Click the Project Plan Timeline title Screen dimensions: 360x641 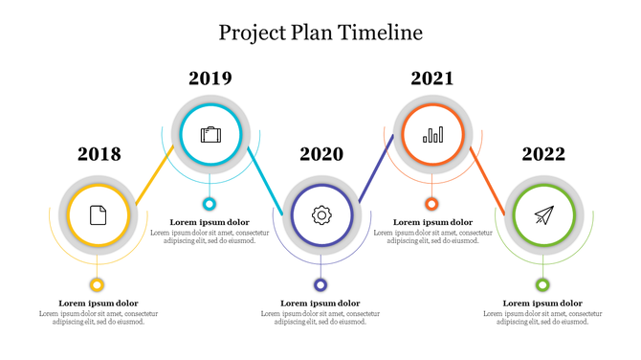tap(320, 33)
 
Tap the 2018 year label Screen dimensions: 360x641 tap(99, 154)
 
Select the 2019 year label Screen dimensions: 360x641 tap(210, 79)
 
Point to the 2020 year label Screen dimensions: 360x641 tap(320, 154)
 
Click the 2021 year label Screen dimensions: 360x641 tap(431, 79)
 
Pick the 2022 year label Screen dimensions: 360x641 tap(542, 154)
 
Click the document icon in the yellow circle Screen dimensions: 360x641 tap(98, 215)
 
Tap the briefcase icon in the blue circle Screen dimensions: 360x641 tap(210, 135)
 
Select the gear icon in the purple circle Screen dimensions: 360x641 tap(321, 215)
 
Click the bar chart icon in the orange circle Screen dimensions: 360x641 tap(433, 135)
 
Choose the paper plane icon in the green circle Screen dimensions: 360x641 tap(543, 215)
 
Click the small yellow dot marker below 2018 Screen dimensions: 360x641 tap(97, 284)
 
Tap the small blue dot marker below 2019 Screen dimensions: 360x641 tap(210, 204)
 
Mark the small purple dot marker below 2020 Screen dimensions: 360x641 tap(320, 284)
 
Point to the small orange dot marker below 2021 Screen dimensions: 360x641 tap(431, 204)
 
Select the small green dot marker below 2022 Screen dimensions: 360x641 tap(542, 284)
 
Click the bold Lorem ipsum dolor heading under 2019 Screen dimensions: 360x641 tap(210, 222)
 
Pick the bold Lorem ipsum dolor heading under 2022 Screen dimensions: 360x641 tap(542, 304)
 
